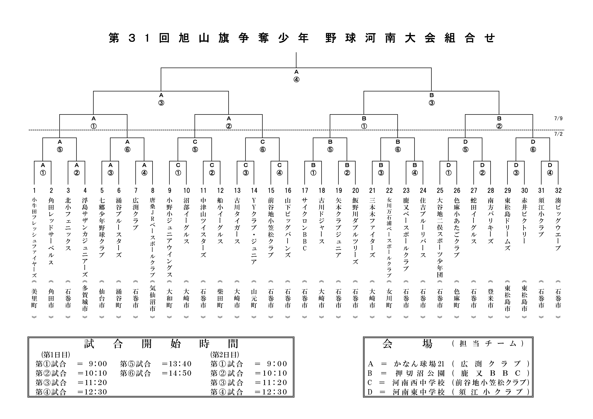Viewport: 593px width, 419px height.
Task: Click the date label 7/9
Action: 558,119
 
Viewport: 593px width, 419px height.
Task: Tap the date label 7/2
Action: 558,134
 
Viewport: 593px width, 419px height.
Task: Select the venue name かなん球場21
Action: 419,364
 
